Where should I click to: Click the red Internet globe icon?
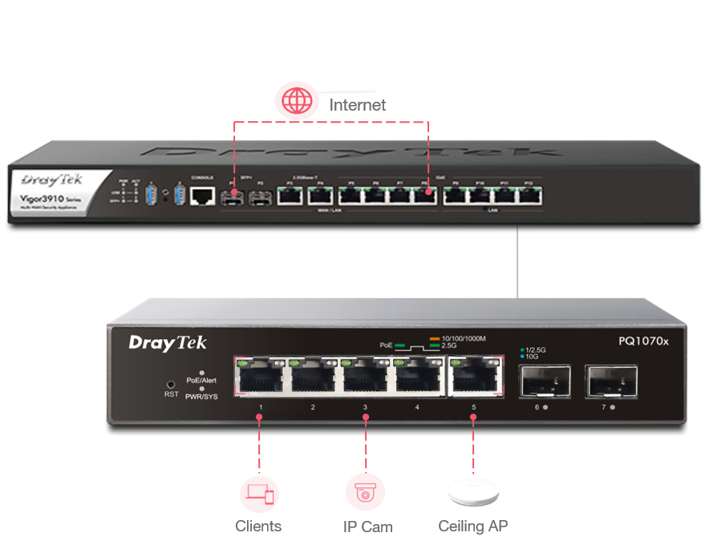(297, 102)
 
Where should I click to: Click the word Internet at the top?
(358, 105)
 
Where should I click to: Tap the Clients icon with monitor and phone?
(259, 492)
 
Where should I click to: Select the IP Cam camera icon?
(366, 492)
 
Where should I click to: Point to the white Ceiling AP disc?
(472, 493)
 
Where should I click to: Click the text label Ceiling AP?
(473, 526)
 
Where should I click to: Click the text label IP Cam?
(367, 527)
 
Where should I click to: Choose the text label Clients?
(258, 526)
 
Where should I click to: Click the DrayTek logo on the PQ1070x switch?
(168, 343)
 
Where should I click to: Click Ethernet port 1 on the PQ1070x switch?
(260, 375)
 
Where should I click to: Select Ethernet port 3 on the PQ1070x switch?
(367, 375)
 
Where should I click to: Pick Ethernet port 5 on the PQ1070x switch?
(473, 375)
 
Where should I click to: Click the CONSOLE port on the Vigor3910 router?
(204, 194)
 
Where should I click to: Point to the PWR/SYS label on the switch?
(201, 397)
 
